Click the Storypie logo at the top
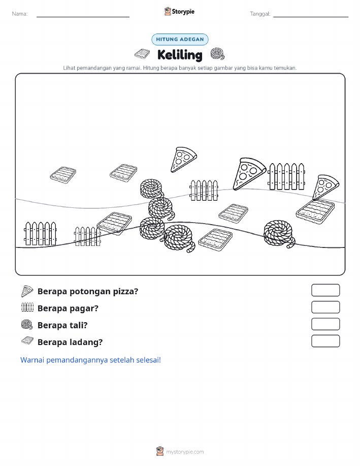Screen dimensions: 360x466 point(179,12)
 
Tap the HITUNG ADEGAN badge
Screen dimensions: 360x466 point(180,39)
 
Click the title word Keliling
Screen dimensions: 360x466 point(180,55)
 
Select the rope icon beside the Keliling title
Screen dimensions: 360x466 point(217,54)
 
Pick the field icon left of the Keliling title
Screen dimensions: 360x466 point(142,54)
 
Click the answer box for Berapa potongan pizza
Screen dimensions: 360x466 point(325,290)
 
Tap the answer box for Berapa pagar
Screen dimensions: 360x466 point(325,307)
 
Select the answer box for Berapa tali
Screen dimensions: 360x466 point(325,324)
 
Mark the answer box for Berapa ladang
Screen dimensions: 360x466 point(325,341)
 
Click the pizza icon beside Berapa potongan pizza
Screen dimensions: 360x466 point(27,291)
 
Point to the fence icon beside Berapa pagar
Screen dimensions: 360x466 point(27,307)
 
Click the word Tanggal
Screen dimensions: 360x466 point(260,14)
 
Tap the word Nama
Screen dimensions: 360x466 point(20,14)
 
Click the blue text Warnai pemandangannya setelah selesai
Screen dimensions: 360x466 point(90,360)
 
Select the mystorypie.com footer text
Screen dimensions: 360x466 point(185,452)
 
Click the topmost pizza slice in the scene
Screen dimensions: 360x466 point(183,159)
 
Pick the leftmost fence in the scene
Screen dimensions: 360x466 point(40,233)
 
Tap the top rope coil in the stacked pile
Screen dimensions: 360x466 point(152,189)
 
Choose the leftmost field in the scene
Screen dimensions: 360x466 point(63,175)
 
